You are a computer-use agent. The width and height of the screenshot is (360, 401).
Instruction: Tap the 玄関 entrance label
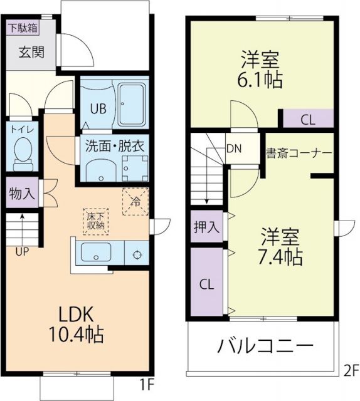point(29,52)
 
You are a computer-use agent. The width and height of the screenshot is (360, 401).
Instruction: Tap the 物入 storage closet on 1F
point(22,194)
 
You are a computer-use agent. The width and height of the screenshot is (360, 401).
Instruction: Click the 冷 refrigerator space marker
point(135,202)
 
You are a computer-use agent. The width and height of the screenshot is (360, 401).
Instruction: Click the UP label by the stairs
point(22,253)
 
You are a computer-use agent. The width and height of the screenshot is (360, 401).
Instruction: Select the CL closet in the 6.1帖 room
point(307,118)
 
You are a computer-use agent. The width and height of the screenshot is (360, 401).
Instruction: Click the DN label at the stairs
point(233,149)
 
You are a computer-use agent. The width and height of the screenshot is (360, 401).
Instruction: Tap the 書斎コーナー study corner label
point(299,153)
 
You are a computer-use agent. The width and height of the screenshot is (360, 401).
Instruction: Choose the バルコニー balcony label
point(266,346)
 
